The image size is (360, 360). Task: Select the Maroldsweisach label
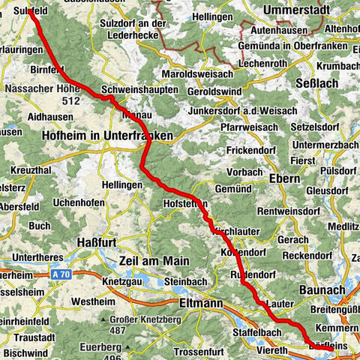click(x=199, y=75)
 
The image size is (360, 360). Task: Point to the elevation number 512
click(x=72, y=100)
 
